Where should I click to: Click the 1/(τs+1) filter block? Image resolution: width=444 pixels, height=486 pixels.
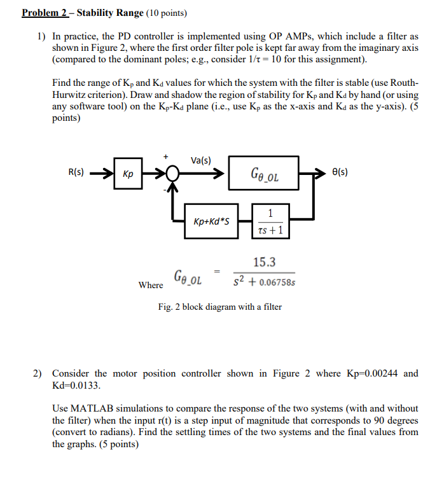click(x=271, y=221)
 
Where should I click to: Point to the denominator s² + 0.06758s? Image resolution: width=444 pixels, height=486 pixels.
click(x=263, y=281)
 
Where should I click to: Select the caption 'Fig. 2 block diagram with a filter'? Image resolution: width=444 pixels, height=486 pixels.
click(x=219, y=307)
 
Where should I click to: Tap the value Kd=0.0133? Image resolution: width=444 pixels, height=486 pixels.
click(x=76, y=385)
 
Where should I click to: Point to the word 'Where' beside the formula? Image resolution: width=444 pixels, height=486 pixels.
click(x=150, y=285)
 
